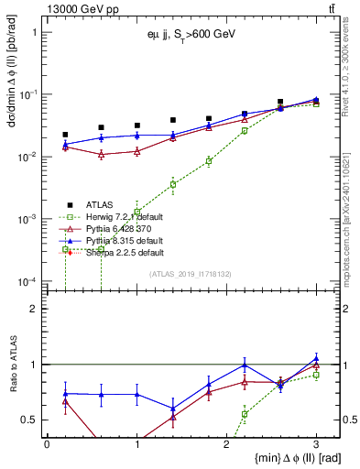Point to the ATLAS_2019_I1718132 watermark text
(x=191, y=273)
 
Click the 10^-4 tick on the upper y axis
(x=26, y=281)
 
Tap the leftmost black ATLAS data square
(x=65, y=135)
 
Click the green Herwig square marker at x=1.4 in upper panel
(x=172, y=184)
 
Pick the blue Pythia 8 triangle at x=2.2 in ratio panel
(x=245, y=365)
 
